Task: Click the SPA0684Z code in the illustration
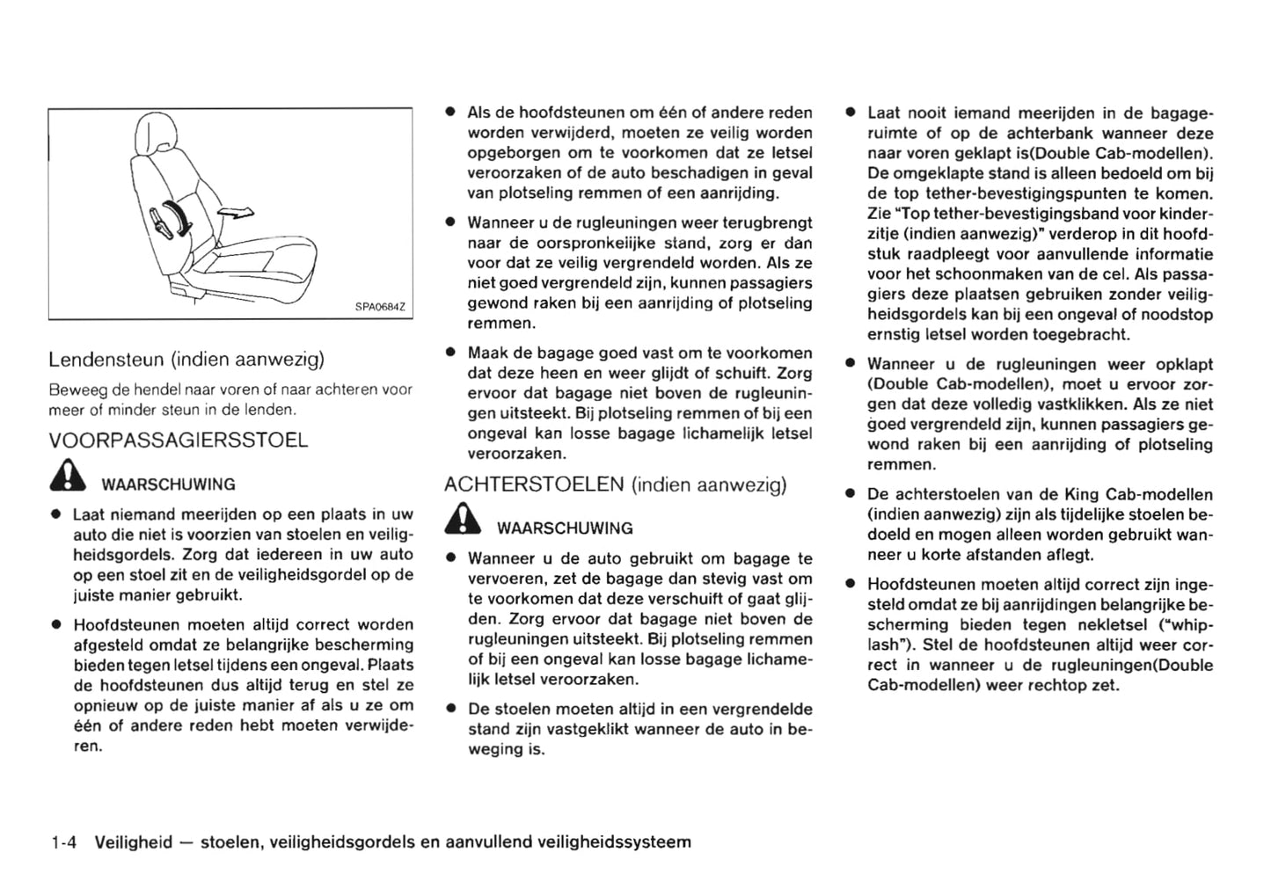click(x=379, y=307)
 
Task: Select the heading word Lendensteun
click(x=106, y=359)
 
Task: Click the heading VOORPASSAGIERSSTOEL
click(x=179, y=441)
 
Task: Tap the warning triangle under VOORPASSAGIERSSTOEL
click(x=68, y=477)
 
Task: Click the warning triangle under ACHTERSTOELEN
click(x=463, y=521)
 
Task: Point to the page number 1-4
click(x=64, y=842)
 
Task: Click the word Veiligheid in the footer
click(x=133, y=842)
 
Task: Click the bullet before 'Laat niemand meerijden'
click(x=55, y=514)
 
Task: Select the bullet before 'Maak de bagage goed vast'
click(x=449, y=353)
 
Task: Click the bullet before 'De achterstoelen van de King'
click(x=851, y=495)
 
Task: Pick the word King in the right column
click(x=1081, y=495)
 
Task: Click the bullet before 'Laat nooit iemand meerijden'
click(x=851, y=113)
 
